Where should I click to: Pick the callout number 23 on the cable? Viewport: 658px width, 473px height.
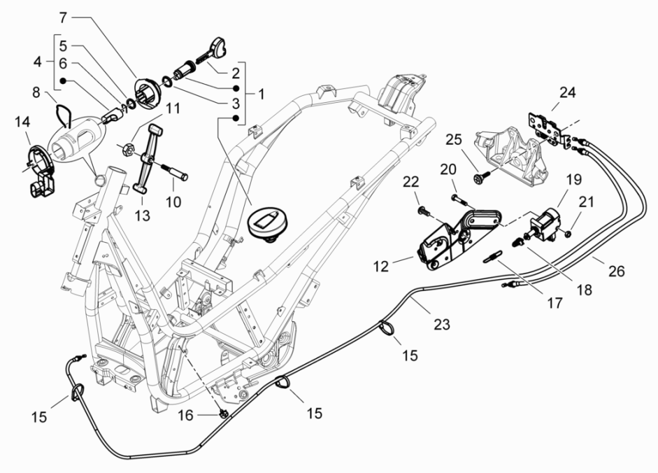(x=441, y=324)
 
